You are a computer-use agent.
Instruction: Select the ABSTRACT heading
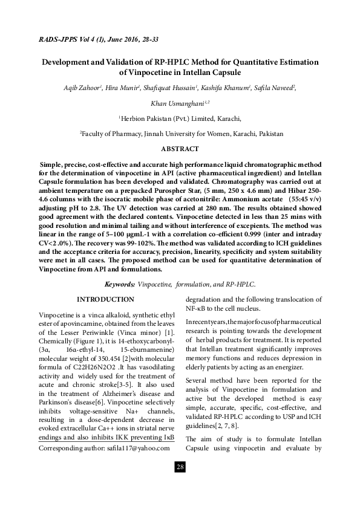coord(180,149)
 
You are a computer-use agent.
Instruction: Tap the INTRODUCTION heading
coord(106,300)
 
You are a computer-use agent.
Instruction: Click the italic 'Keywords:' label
coord(120,284)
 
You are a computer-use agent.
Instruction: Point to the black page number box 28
coord(180,467)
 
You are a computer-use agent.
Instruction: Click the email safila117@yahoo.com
coord(136,450)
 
